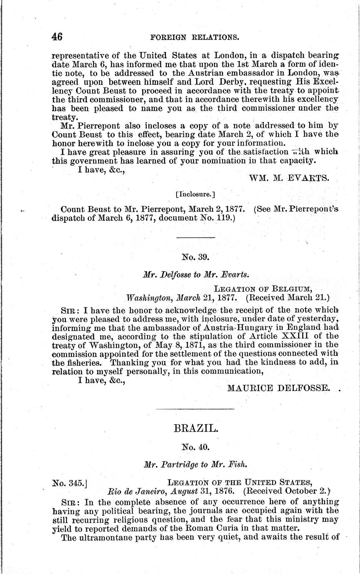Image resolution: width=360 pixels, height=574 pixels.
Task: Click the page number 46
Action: click(x=57, y=37)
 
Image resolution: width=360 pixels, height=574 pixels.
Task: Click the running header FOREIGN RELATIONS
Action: click(x=195, y=37)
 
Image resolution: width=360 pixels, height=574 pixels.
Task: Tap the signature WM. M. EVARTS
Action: click(x=289, y=178)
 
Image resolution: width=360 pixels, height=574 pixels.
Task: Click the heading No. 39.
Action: click(x=195, y=257)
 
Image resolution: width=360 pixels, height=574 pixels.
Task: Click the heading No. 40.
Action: click(x=195, y=447)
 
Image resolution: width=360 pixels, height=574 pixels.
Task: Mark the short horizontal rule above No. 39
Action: click(x=196, y=238)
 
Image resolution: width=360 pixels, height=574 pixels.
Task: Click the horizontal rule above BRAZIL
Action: click(x=195, y=409)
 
